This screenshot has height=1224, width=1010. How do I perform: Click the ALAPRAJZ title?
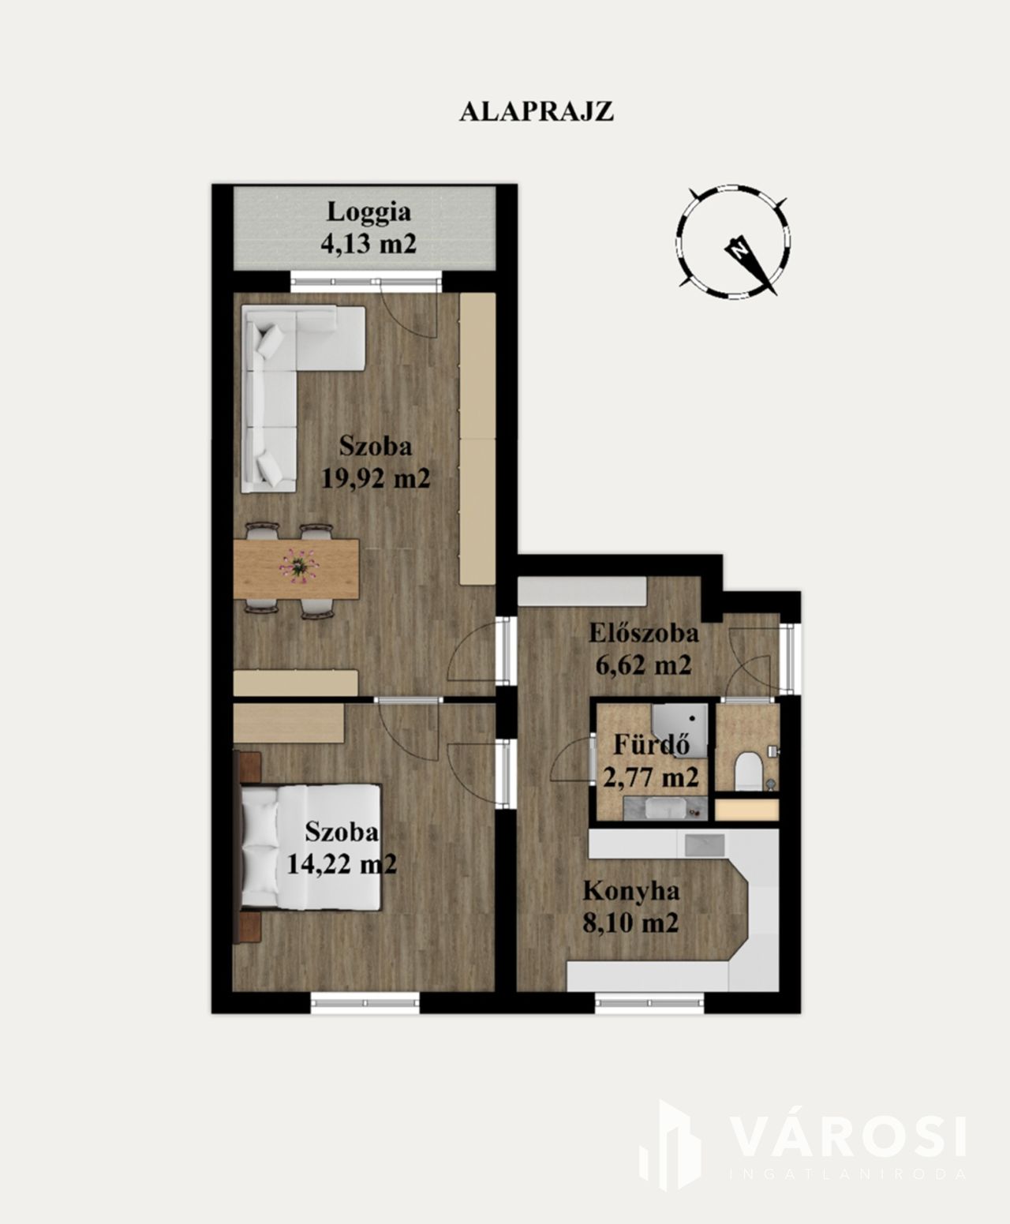pos(537,111)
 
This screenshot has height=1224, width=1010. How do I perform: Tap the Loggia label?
pos(368,211)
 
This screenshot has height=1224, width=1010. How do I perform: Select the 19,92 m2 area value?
pos(376,478)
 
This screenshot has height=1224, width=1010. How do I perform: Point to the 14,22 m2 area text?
pos(341,863)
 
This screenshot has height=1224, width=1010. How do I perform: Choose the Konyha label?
pos(631,892)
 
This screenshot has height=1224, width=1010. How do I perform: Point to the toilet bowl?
pos(746,772)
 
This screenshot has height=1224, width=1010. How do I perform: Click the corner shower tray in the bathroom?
pos(679,731)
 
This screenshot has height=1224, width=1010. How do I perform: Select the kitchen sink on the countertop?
pos(705,844)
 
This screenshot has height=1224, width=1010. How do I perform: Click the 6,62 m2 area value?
pos(644,665)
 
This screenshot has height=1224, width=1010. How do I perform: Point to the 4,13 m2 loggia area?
pos(368,243)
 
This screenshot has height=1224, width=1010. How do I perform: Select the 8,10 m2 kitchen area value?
pos(631,924)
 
